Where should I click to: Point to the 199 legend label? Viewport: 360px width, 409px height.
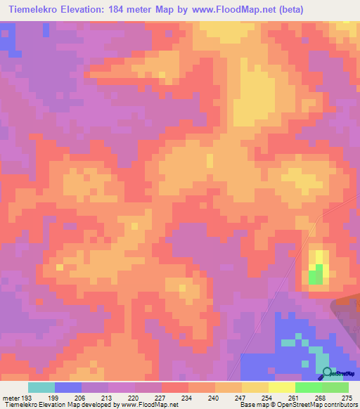tap(54, 398)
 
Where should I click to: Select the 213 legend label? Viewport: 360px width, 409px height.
tap(108, 398)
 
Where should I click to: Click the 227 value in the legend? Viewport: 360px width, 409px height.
tap(161, 398)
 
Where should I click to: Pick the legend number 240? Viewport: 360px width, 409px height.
tap(214, 398)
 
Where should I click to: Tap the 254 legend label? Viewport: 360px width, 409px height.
tap(268, 398)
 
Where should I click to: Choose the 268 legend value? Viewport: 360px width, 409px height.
tap(321, 398)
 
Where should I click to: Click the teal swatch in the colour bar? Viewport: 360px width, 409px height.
tap(41, 387)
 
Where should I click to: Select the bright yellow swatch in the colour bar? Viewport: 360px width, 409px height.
tap(282, 387)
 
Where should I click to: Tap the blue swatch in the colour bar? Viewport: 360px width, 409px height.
tap(68, 387)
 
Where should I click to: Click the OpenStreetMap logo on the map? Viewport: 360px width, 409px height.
tap(337, 373)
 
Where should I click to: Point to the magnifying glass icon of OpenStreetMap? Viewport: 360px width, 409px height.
tap(326, 372)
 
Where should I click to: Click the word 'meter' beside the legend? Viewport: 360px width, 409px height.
tap(11, 398)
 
